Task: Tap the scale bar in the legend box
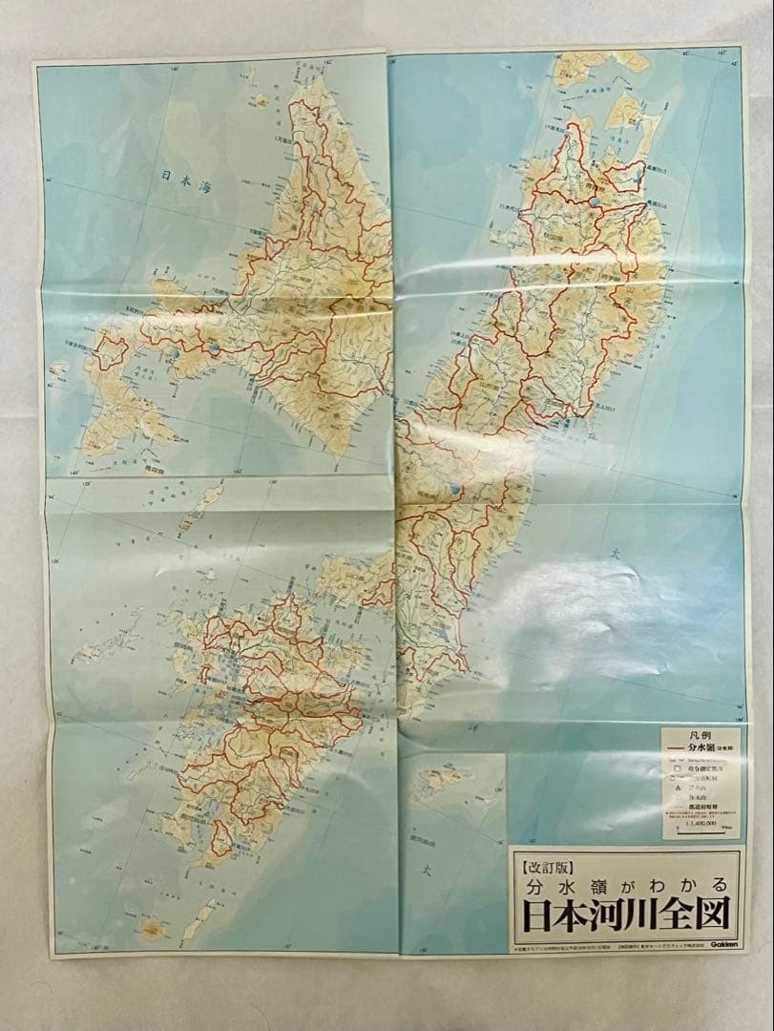[x=701, y=832]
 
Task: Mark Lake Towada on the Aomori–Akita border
[x=594, y=202]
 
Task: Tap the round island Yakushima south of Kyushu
[x=150, y=926]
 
